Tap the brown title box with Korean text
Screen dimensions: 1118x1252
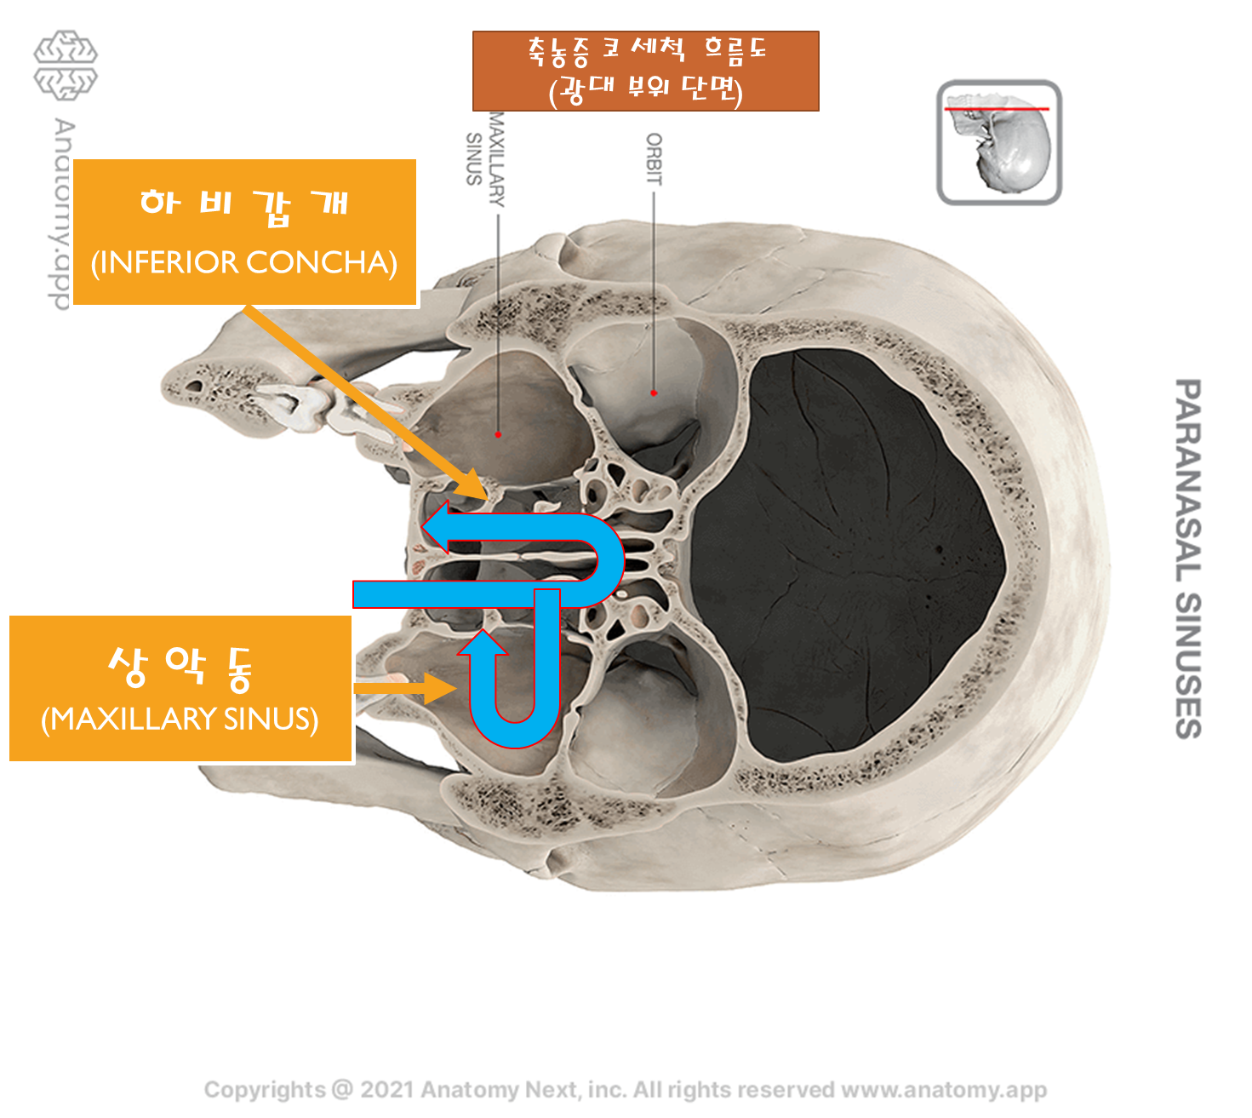click(645, 71)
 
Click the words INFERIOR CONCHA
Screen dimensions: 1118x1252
click(244, 263)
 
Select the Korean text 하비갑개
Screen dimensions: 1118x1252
click(244, 205)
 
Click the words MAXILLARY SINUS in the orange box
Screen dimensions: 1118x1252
click(180, 720)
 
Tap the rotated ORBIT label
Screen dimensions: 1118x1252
click(654, 159)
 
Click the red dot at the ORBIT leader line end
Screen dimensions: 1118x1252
click(654, 393)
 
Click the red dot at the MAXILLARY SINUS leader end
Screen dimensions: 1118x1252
click(498, 435)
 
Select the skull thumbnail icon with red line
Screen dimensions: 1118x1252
click(998, 142)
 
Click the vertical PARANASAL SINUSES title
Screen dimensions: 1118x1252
click(1188, 558)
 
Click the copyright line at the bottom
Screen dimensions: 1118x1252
click(625, 1090)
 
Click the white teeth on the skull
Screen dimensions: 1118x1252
click(294, 406)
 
